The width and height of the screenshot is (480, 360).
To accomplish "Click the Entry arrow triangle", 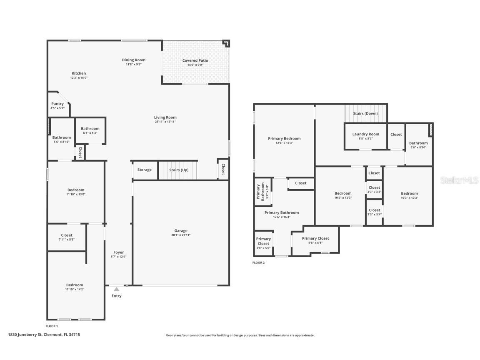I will click(117, 289).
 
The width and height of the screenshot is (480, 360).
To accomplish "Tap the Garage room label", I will click(181, 231).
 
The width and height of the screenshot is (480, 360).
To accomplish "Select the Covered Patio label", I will click(195, 61).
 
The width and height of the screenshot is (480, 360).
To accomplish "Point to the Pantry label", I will click(57, 104).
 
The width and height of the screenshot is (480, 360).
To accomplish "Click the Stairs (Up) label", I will click(179, 170).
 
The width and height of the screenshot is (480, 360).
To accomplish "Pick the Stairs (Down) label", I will click(365, 114).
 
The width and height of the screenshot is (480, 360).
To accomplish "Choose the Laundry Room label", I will click(365, 134).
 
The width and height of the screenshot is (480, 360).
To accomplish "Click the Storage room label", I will click(145, 170).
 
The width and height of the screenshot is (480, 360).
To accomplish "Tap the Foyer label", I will click(119, 252).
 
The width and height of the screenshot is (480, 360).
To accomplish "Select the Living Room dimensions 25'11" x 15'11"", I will click(165, 122).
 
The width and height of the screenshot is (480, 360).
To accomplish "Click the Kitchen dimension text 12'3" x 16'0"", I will click(79, 77).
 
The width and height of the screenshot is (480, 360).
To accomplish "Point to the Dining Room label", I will click(134, 60).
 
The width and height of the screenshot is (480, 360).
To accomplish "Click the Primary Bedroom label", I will click(284, 139).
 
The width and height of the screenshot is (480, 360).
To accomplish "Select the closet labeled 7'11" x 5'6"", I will click(67, 237).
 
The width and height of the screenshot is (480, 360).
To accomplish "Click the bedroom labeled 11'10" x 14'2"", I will click(75, 287).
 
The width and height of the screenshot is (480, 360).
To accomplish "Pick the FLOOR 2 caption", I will click(258, 263).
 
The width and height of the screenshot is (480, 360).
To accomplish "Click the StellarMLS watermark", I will click(459, 180).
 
